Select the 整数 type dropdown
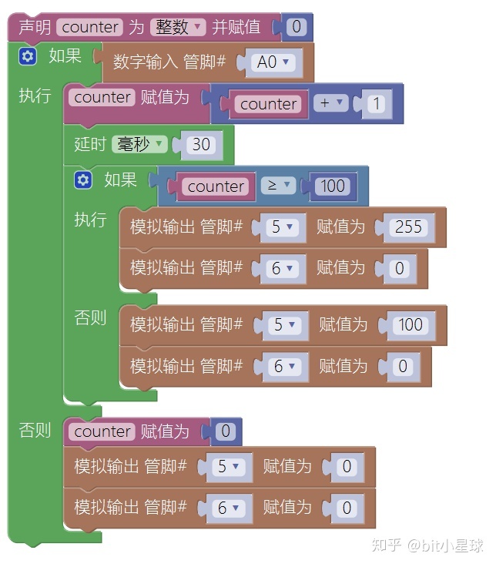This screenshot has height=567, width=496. [178, 27]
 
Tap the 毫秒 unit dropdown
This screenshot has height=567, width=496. [139, 144]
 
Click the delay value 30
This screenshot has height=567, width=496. [201, 144]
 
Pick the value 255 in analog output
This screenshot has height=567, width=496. [408, 227]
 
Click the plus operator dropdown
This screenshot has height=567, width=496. [330, 103]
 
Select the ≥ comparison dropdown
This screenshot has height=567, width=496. [278, 186]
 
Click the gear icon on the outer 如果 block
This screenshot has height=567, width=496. [28, 56]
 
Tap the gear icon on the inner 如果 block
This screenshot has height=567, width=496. [83, 180]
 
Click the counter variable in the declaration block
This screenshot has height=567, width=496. [90, 27]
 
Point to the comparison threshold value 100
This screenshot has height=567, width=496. [332, 186]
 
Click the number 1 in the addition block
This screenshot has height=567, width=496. [376, 103]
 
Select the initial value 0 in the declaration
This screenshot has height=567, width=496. [297, 29]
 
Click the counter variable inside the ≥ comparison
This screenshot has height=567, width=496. [216, 186]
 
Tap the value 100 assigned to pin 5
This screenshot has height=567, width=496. [411, 325]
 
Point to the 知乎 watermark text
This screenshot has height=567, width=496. [387, 545]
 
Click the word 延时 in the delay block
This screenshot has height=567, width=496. [89, 144]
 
